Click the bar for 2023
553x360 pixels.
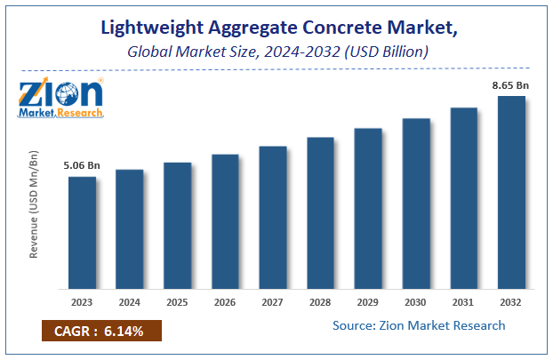(82, 233)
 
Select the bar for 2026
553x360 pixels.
(225, 221)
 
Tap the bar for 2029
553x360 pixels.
(368, 209)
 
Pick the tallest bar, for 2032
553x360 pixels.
(511, 192)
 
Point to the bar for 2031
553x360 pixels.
(463, 198)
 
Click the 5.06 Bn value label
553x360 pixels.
(81, 164)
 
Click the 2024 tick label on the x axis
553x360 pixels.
(130, 301)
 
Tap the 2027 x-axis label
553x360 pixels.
(273, 301)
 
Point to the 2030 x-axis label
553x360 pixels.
(416, 301)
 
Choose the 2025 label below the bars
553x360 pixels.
(178, 301)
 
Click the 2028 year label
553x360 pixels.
(320, 301)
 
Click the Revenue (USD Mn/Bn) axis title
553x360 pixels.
(34, 204)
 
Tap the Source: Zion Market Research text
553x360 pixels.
(419, 325)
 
